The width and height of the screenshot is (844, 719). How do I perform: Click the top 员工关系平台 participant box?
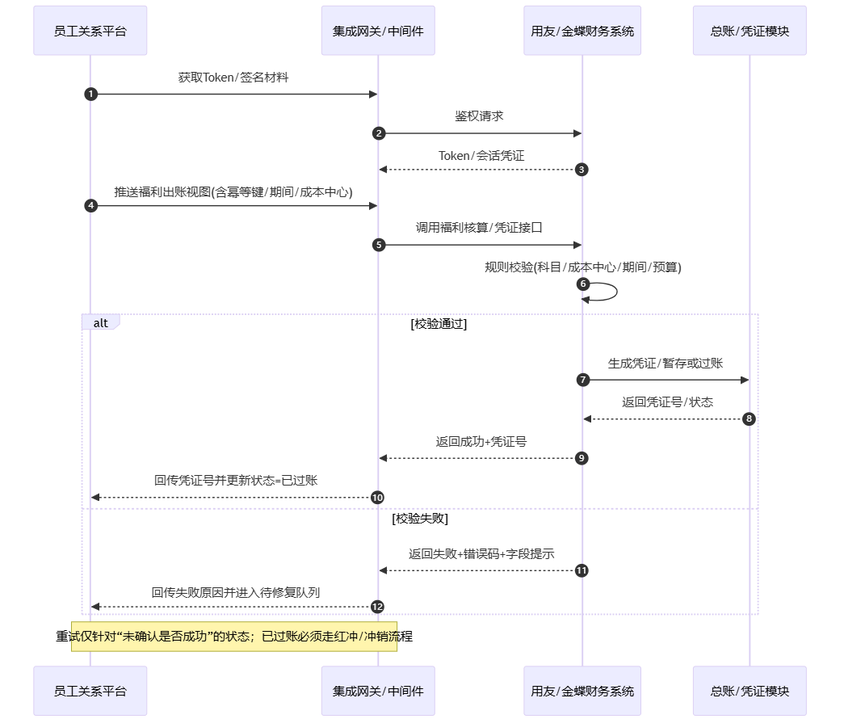90,31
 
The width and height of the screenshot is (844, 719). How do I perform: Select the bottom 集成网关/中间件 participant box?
378,691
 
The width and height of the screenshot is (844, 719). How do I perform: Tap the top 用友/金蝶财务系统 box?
582,31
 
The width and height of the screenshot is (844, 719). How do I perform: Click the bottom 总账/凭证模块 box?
750,691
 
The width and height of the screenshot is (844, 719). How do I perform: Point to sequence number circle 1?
90,95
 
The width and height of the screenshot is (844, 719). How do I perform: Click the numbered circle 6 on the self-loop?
583,284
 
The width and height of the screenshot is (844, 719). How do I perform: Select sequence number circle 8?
749,418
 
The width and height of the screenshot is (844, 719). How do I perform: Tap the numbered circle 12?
377,606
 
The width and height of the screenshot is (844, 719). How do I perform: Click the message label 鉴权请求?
479,116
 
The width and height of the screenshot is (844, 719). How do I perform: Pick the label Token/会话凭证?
481,155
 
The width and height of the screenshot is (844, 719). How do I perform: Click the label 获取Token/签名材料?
233,78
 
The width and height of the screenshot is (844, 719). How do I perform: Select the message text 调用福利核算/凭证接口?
479,228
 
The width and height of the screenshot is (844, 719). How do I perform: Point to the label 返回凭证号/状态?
667,402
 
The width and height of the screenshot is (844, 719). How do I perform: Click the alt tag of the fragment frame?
101,322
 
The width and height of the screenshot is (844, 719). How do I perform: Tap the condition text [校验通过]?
439,324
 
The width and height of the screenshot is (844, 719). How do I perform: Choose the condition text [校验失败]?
419,519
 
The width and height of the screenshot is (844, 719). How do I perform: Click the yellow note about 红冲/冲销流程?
234,637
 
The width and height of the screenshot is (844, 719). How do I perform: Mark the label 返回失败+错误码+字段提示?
481,553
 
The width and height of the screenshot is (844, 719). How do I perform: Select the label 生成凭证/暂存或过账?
666,363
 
